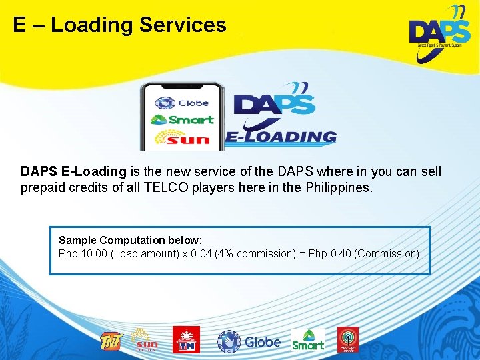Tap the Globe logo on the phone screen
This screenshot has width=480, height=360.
182,103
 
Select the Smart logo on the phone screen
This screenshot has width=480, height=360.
182,120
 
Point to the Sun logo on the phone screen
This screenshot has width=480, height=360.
182,138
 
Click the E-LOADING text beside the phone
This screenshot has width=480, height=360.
281,137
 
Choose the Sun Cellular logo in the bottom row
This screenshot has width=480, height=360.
146,340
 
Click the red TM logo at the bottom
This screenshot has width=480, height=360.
186,340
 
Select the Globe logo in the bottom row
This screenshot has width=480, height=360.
249,341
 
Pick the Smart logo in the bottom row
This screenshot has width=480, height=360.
308,340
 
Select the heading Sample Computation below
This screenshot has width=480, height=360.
130,240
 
